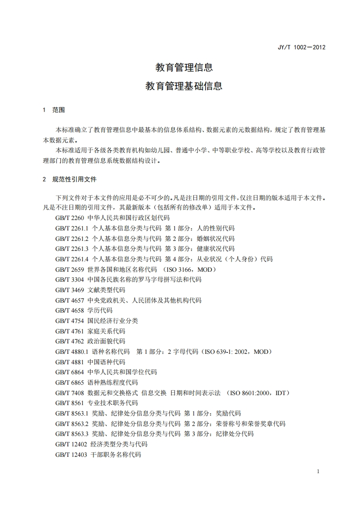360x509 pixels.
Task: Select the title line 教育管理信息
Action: pos(184,68)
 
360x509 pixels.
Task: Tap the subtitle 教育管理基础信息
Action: pos(184,86)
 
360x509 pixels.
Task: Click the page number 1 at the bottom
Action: pos(318,471)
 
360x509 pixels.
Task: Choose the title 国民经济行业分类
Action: pos(113,321)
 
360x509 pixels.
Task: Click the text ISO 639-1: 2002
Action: pos(227,352)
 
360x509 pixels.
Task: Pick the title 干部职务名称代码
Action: pos(116,454)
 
